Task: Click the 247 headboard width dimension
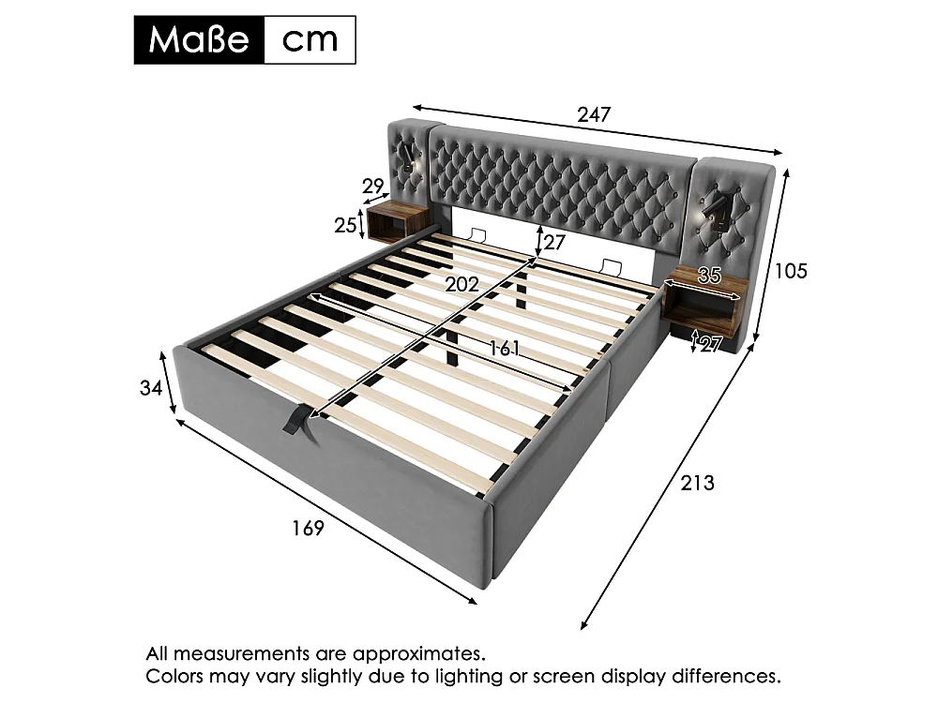point(594,113)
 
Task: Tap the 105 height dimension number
point(791,271)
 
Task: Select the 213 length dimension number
point(697,483)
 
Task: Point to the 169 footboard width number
point(308,528)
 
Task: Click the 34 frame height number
point(151,388)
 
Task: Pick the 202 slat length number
point(461,285)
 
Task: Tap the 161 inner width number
point(505,348)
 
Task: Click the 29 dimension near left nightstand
point(373,187)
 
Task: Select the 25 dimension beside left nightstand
point(345,225)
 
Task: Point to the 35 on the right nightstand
point(709,276)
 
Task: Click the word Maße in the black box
point(199,39)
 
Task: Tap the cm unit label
point(310,40)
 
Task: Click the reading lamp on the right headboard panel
point(713,209)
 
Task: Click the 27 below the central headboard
point(554,242)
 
